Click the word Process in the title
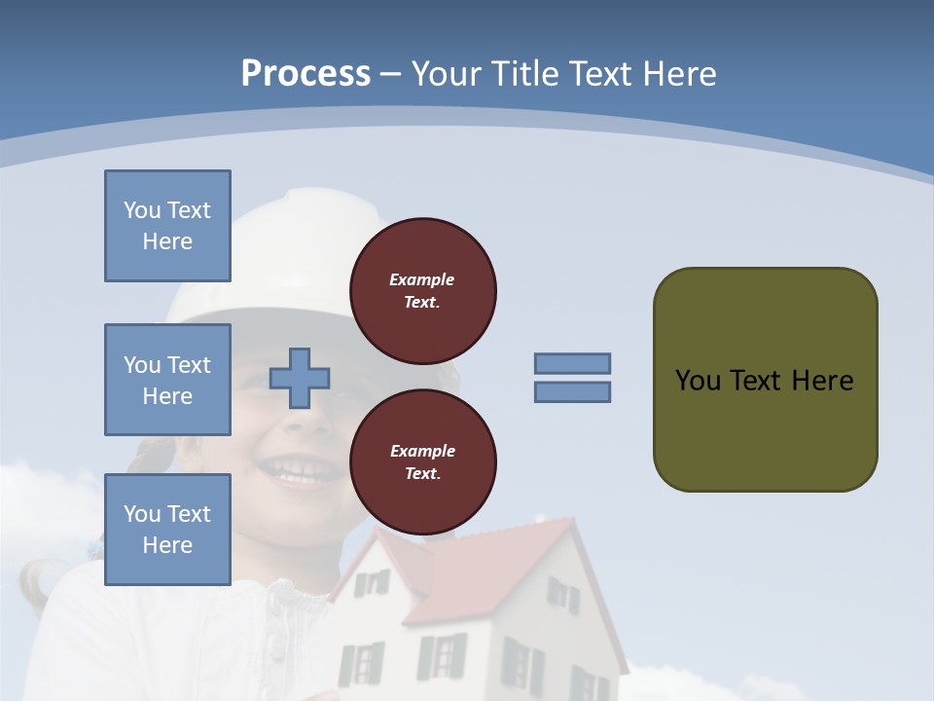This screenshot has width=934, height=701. point(305,74)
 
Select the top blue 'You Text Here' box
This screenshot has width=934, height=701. point(167,226)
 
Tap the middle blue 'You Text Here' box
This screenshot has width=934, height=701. point(167,380)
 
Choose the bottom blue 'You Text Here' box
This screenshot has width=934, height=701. point(167,530)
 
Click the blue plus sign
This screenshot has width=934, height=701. point(300,378)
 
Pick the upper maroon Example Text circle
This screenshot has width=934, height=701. point(422,290)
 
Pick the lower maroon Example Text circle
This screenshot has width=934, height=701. point(422,461)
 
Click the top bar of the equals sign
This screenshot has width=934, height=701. point(572,363)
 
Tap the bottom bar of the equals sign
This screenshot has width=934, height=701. point(572,391)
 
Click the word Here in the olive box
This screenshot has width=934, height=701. point(822,380)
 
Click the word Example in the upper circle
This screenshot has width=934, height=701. point(422,279)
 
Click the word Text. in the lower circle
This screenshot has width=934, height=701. point(422,473)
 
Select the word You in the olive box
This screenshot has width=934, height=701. point(697,380)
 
